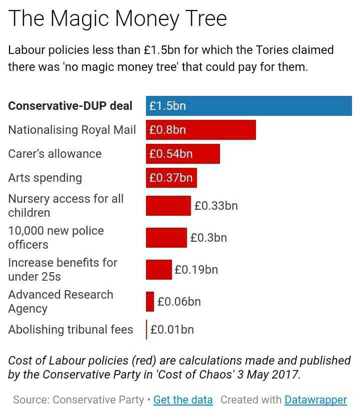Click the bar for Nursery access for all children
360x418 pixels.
pos(168,205)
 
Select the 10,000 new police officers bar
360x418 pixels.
pos(166,237)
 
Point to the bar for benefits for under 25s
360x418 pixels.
pos(158,270)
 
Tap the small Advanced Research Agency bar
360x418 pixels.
pos(150,301)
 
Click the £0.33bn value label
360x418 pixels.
pos(216,205)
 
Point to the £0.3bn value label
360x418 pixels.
pos(208,238)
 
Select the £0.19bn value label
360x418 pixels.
pos(196,270)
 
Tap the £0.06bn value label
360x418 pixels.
pos(179,301)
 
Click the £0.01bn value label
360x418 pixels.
pos(172,330)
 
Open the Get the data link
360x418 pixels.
pos(183,400)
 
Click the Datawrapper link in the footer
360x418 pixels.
pos(315,400)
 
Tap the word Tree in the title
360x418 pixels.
pos(205,18)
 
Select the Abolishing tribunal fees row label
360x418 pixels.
pos(70,330)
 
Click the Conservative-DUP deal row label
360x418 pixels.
pos(70,106)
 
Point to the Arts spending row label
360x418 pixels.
pos(45,178)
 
